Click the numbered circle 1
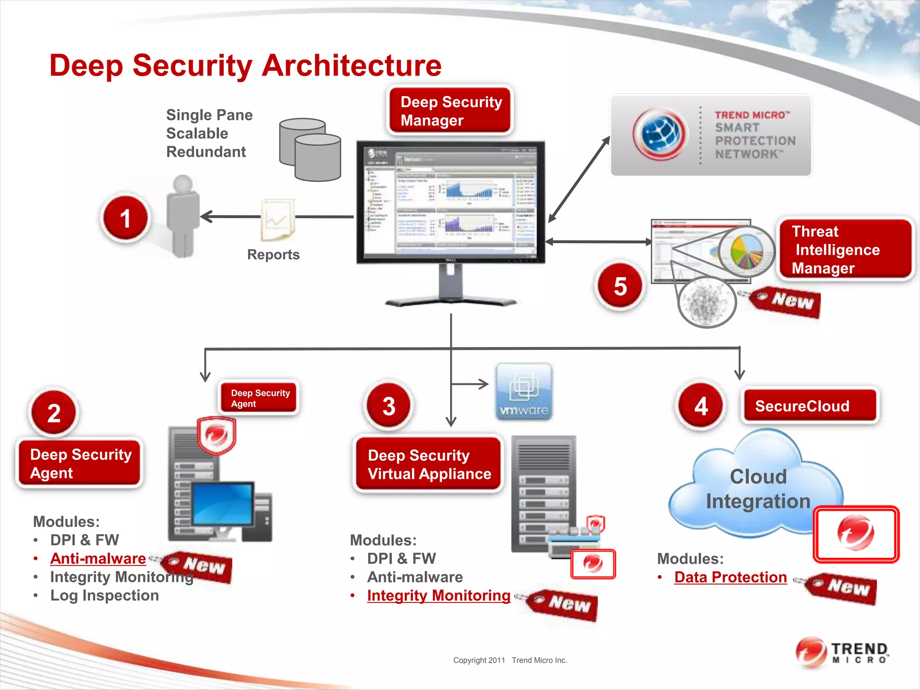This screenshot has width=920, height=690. tap(125, 218)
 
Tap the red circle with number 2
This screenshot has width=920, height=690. tap(54, 413)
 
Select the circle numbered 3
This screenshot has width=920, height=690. tap(389, 406)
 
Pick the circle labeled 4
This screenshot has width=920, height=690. tap(701, 406)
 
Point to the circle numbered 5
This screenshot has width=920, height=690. tap(620, 286)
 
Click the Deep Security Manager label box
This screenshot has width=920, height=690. tap(451, 111)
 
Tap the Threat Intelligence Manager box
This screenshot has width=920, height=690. tap(845, 249)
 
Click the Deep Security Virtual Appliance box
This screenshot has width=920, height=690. tap(429, 464)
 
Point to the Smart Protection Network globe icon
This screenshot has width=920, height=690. tap(659, 134)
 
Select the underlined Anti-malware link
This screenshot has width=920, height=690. tap(98, 558)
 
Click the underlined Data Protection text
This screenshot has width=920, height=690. tap(730, 577)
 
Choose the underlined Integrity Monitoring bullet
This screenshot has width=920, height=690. tap(438, 596)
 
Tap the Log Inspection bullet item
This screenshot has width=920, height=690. tap(104, 596)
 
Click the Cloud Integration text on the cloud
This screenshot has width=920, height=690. tap(758, 489)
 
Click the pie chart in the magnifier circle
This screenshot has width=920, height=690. tap(746, 252)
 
